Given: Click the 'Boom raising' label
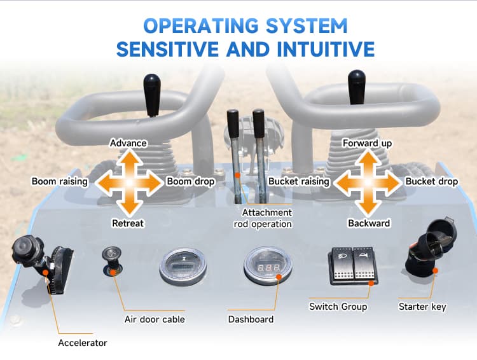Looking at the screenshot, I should [x=60, y=182].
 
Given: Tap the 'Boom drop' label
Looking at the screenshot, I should [x=191, y=182].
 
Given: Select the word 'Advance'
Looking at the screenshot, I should [x=128, y=143].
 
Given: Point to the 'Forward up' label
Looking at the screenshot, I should [x=367, y=143].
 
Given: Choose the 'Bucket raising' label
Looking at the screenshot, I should [x=299, y=182].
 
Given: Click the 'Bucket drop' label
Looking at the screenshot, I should [x=432, y=182].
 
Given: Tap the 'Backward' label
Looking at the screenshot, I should [x=369, y=223].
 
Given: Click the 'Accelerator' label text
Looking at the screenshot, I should [x=83, y=343].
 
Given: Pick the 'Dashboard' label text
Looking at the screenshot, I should [x=251, y=319].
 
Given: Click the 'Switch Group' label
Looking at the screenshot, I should [x=338, y=307].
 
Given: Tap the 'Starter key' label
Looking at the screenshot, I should [x=422, y=307].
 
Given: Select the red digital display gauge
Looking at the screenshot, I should [x=268, y=268].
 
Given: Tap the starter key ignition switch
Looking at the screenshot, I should [x=427, y=245].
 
